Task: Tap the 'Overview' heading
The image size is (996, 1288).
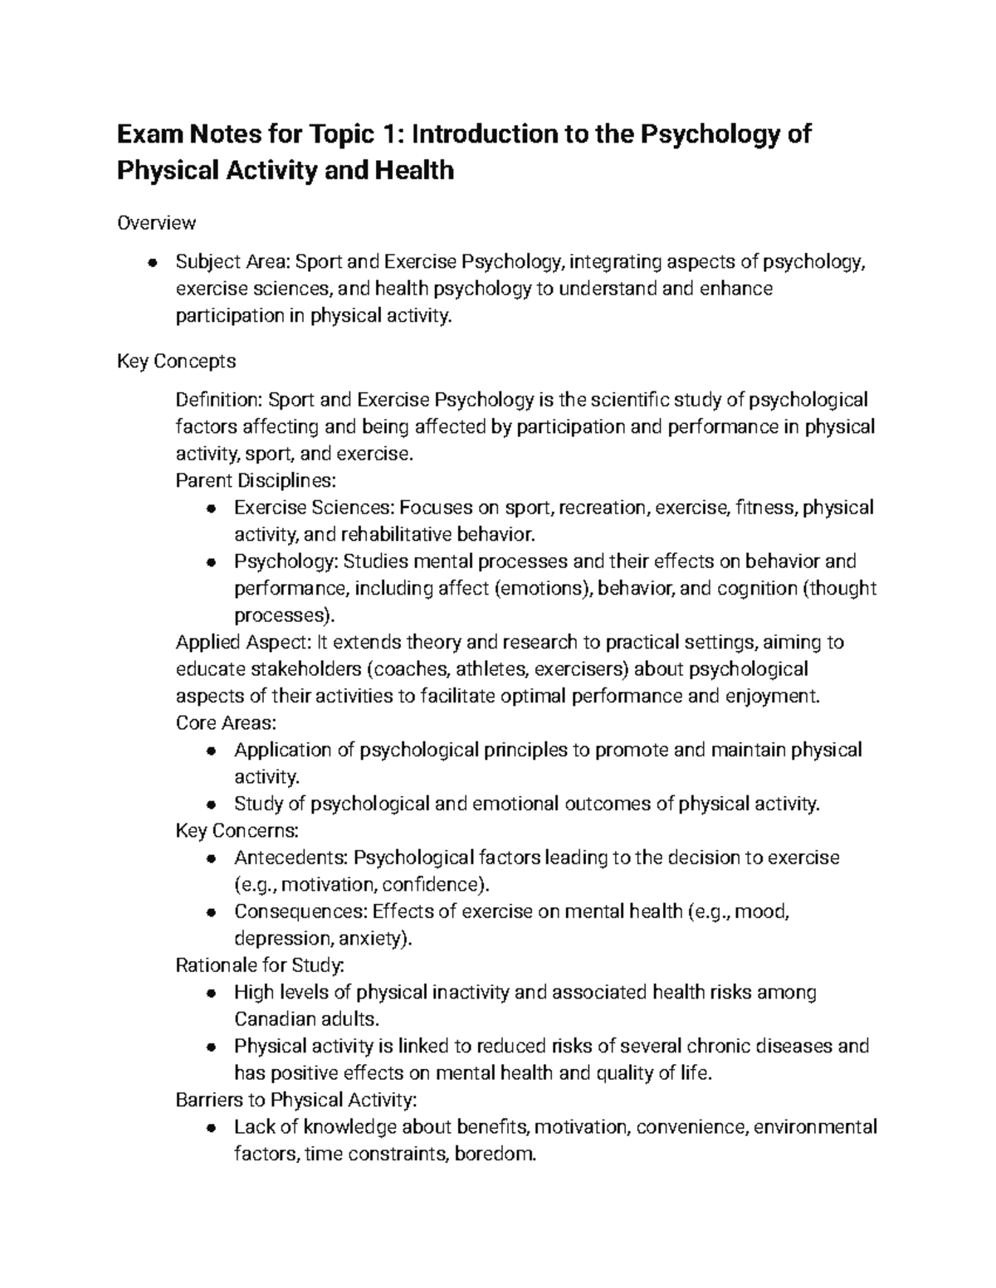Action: tap(157, 222)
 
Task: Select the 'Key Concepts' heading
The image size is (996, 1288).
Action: tap(176, 361)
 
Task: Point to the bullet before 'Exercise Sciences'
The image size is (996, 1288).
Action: tap(212, 508)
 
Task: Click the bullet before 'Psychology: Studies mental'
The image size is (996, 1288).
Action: tap(212, 562)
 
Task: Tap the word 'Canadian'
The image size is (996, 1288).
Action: tap(272, 1018)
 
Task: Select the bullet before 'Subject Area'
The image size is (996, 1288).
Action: tap(153, 263)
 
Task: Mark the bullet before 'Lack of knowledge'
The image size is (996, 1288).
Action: tap(212, 1128)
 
